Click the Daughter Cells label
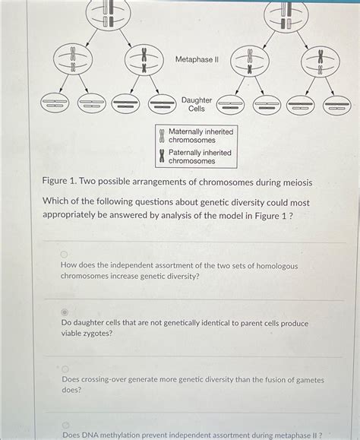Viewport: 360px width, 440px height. coord(196,104)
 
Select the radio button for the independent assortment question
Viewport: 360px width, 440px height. coord(65,255)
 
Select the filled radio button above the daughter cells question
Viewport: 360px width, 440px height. coord(65,312)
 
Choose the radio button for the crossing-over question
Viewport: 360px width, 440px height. coord(65,369)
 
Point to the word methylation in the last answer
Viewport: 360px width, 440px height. coord(137,435)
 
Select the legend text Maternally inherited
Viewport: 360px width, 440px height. coord(201,131)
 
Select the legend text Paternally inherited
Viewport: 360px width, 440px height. coord(201,153)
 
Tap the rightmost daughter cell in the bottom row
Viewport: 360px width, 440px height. coord(336,105)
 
